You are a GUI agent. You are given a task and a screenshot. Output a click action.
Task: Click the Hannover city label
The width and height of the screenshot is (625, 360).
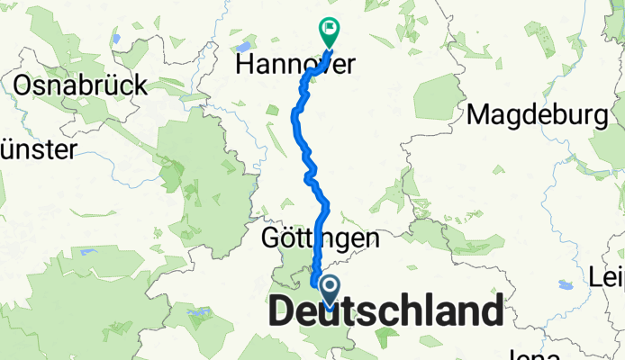(294, 65)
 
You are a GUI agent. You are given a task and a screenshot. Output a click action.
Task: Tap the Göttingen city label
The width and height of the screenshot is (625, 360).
(320, 239)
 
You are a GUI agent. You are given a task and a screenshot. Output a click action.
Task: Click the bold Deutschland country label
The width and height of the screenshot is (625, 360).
(385, 312)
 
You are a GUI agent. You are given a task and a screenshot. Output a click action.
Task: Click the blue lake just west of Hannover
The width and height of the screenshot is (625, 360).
(240, 47)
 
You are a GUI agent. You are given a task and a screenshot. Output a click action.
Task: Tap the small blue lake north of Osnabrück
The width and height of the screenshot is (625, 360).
(116, 39)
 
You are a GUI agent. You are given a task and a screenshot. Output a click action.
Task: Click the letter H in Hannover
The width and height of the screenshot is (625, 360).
(242, 65)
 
